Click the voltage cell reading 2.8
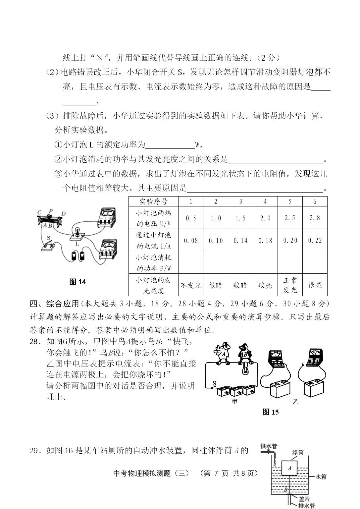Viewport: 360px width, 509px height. click(x=315, y=218)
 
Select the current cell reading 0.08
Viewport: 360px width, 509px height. click(x=191, y=241)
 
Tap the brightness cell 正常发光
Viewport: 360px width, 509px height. click(x=290, y=285)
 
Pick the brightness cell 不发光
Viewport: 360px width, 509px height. click(x=191, y=285)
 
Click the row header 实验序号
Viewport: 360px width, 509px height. click(x=153, y=201)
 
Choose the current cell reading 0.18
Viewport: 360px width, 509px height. click(x=265, y=241)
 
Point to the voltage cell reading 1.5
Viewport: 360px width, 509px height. click(x=240, y=218)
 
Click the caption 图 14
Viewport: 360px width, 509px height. click(x=78, y=282)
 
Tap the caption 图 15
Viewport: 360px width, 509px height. click(x=271, y=412)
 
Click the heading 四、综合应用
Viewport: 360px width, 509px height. click(x=54, y=304)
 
